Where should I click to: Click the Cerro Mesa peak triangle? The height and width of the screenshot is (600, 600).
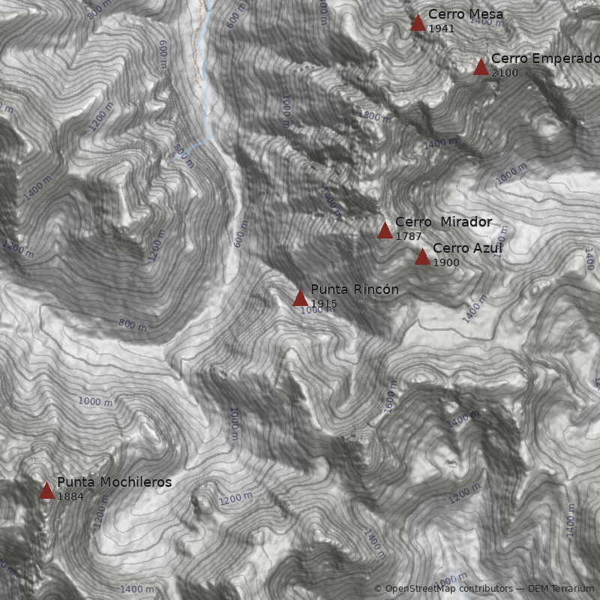click(x=418, y=23)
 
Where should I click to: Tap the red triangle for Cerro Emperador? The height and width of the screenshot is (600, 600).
click(x=481, y=67)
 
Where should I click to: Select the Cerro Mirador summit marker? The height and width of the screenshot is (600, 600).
click(x=385, y=230)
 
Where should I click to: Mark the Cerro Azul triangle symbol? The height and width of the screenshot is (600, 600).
click(x=422, y=257)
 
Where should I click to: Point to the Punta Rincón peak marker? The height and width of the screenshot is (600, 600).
click(x=300, y=298)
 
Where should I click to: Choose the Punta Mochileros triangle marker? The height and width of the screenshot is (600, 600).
click(x=46, y=491)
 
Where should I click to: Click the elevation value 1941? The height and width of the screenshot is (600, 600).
click(x=441, y=28)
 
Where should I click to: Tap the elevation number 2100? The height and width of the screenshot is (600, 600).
click(x=504, y=73)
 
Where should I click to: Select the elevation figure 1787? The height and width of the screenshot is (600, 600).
click(x=408, y=236)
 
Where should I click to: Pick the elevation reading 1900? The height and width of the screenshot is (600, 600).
click(x=445, y=262)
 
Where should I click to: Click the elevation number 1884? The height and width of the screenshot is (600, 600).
click(x=70, y=496)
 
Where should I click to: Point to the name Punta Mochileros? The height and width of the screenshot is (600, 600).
click(x=114, y=482)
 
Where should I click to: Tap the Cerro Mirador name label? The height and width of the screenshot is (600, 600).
click(x=443, y=222)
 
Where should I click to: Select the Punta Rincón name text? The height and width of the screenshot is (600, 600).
click(x=354, y=289)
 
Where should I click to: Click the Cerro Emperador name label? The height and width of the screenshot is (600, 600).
click(x=544, y=58)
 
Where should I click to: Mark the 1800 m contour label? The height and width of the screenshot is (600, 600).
click(x=375, y=116)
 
